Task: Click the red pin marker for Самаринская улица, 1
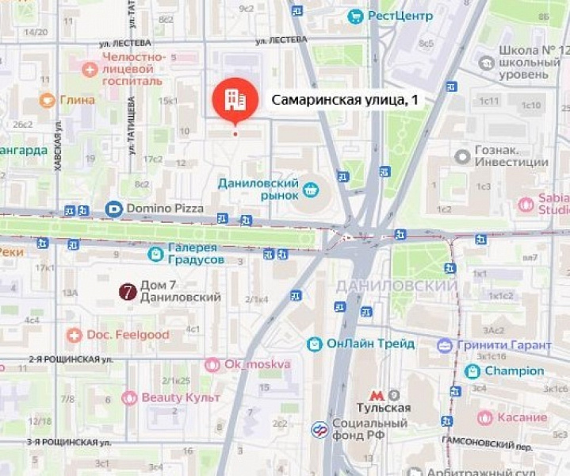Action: (235, 99)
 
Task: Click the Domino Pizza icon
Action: (113, 209)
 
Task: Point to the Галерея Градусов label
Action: (196, 253)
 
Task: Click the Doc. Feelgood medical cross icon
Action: (75, 335)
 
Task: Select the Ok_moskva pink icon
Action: (212, 365)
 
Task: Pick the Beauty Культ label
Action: (181, 397)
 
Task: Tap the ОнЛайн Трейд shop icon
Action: (316, 344)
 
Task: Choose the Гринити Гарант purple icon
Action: (445, 345)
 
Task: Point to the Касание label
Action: (522, 417)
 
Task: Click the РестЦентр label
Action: (400, 15)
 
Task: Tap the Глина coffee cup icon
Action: (47, 100)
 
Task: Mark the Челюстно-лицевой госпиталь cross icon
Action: (89, 69)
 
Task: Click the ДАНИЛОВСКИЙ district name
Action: (396, 286)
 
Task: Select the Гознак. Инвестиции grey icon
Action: (462, 156)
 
